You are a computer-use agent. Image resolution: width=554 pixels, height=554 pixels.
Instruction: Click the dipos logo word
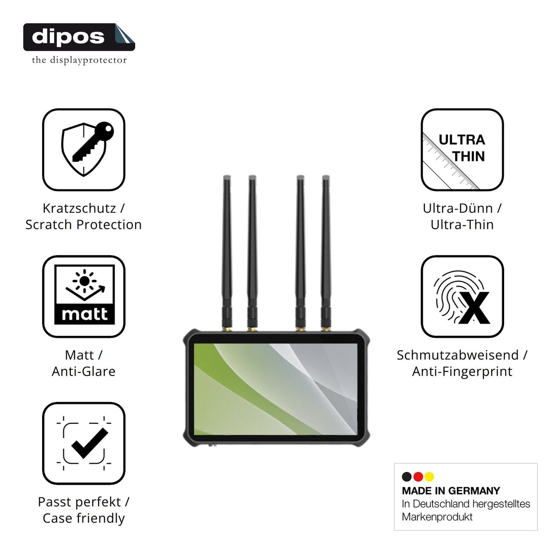pos(68,37)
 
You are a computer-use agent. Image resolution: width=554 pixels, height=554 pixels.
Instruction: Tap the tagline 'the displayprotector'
pos(79,60)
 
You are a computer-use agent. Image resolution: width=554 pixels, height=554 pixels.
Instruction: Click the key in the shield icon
pos(93,142)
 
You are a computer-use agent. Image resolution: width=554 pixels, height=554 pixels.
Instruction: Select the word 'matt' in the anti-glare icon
pos(85,314)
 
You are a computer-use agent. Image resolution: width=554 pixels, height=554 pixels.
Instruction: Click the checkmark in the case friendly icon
pos(90,444)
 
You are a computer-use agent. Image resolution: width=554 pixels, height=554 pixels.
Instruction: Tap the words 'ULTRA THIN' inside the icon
pos(462,148)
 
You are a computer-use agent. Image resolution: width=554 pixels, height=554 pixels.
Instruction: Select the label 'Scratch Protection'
pos(83,225)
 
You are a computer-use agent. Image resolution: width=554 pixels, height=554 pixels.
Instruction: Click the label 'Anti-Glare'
pos(83,371)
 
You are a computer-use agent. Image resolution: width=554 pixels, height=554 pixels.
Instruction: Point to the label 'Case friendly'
pos(83,518)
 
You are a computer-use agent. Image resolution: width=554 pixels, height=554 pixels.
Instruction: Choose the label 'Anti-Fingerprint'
pos(462,372)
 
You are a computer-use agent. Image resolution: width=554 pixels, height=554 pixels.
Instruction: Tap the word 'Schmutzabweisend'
pos(458,355)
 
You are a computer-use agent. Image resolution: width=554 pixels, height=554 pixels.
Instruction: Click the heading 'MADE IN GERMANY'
pos(451,491)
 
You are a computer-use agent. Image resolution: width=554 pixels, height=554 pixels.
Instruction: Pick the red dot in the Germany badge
pos(418,477)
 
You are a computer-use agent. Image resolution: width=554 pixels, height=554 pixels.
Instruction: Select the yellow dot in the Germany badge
pos(429,477)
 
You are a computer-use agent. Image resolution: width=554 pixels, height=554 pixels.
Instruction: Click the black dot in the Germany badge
pos(407,477)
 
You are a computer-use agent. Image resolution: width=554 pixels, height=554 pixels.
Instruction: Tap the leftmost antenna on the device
pos(227,253)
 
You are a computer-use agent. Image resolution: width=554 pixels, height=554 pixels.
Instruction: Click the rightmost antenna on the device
pos(326,253)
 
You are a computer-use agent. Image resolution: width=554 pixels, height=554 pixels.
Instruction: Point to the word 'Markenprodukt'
pos(437,517)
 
